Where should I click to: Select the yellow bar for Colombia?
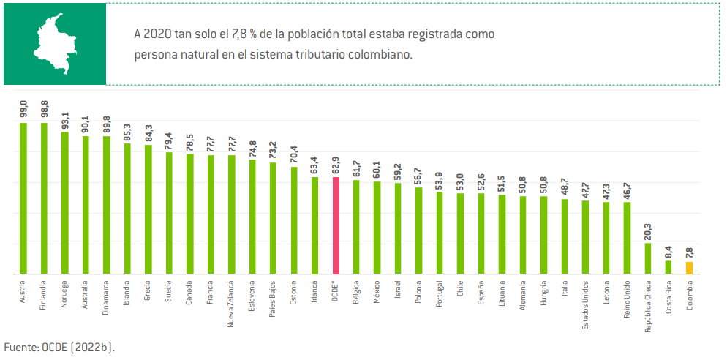coord(689,267)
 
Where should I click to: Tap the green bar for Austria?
coord(23,198)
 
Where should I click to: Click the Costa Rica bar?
coord(668,267)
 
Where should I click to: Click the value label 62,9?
coord(336,163)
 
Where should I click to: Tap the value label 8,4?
coord(668,250)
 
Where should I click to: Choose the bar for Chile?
coord(460,233)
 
